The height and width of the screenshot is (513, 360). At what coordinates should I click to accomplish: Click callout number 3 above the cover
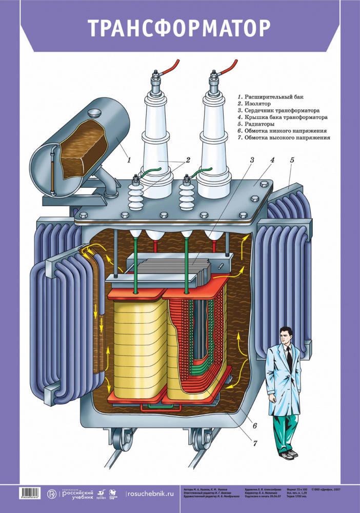coord(252,160)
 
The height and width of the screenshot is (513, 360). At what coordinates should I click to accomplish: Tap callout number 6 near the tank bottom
coord(254,425)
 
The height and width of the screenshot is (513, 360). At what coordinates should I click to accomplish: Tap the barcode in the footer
coord(32,494)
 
